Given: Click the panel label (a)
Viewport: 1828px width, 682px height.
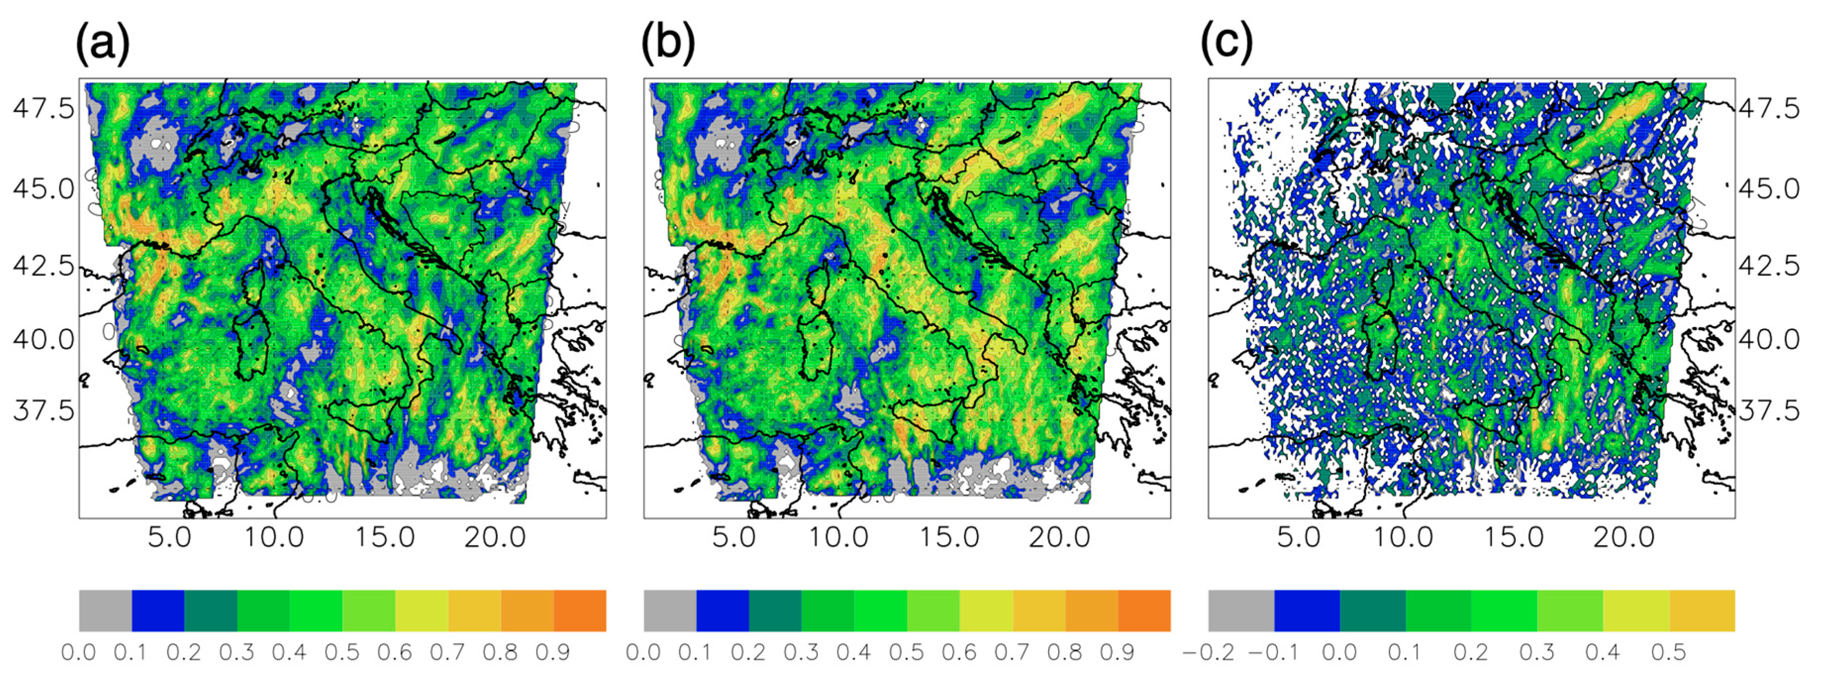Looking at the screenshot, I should click(103, 43).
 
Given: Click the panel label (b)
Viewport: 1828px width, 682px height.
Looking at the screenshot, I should click(668, 43).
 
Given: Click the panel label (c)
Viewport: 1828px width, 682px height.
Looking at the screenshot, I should click(1227, 43).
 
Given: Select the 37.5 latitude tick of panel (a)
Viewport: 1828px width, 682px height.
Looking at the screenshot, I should click(43, 411).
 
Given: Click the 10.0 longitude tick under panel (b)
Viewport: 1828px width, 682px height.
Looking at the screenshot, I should click(839, 537).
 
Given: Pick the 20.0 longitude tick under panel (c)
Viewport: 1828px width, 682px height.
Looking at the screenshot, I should click(1624, 537).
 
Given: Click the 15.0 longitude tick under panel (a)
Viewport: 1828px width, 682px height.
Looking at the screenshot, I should click(385, 537).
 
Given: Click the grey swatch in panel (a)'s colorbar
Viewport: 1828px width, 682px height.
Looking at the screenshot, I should click(105, 610).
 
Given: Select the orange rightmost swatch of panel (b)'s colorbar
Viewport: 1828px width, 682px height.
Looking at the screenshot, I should click(1144, 610).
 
